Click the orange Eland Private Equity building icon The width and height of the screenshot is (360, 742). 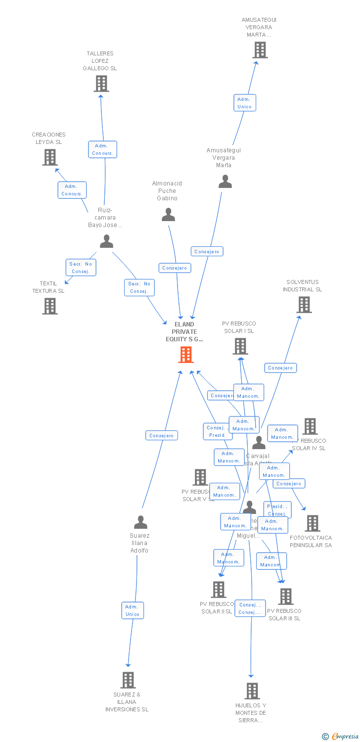(186, 355)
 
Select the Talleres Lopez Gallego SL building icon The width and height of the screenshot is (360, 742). (101, 84)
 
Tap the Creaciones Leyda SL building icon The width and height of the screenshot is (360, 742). (50, 157)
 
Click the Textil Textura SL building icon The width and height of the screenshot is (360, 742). (49, 306)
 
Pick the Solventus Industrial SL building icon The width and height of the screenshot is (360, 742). (304, 305)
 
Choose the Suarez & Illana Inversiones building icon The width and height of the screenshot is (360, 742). (128, 680)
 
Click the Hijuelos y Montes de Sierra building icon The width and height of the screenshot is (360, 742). (252, 691)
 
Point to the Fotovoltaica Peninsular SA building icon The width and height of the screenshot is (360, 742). (313, 523)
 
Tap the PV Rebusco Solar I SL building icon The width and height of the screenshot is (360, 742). (240, 346)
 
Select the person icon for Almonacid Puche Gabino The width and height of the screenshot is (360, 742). (169, 215)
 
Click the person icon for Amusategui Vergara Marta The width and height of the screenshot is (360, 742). (225, 182)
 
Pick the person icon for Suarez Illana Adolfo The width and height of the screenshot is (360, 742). (140, 522)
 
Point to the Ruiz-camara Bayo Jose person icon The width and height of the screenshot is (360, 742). (106, 241)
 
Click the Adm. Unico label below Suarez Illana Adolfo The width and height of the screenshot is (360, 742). (133, 610)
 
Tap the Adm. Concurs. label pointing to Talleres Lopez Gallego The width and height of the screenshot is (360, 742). (103, 149)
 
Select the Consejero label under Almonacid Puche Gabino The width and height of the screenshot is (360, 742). (175, 268)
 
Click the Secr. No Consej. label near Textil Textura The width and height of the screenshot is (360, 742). (81, 268)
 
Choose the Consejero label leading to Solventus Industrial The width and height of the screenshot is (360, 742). (280, 368)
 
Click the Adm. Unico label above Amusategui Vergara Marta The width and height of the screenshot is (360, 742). (244, 103)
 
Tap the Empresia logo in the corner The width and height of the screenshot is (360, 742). (340, 737)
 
